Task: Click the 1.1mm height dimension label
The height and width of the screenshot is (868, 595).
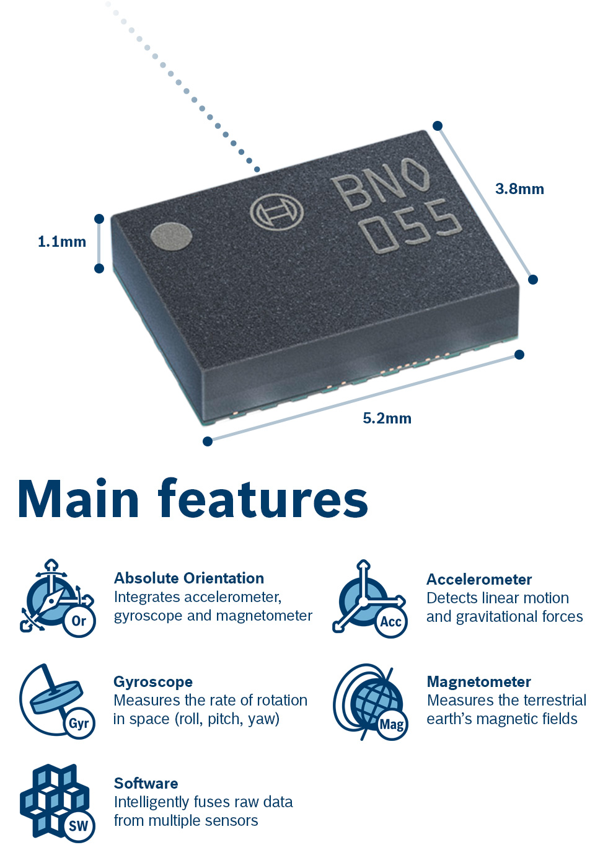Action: [x=62, y=242]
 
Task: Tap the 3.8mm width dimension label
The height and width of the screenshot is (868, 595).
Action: [x=519, y=189]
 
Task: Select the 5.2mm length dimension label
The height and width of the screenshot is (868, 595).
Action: [x=387, y=418]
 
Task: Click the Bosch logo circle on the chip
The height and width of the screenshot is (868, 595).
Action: [x=276, y=212]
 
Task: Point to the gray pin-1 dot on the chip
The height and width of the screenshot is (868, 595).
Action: [x=171, y=236]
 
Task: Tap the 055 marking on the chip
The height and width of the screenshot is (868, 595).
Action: [x=412, y=227]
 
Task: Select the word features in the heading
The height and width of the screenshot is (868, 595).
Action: [x=263, y=500]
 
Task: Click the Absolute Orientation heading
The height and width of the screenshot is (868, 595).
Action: [x=189, y=578]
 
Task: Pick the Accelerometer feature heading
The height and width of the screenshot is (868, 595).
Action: [x=479, y=580]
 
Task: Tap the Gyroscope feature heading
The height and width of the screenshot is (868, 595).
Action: [x=153, y=682]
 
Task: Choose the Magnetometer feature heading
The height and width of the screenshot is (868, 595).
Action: [x=479, y=682]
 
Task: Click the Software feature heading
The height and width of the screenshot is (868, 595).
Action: [x=146, y=784]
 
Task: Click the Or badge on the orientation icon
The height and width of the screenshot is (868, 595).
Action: [x=79, y=621]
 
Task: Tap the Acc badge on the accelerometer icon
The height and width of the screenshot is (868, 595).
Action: [x=391, y=622]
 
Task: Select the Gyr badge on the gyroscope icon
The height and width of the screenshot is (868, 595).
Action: [x=79, y=724]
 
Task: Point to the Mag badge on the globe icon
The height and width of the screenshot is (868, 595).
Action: [x=392, y=724]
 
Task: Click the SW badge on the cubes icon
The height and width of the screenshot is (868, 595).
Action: [x=79, y=826]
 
